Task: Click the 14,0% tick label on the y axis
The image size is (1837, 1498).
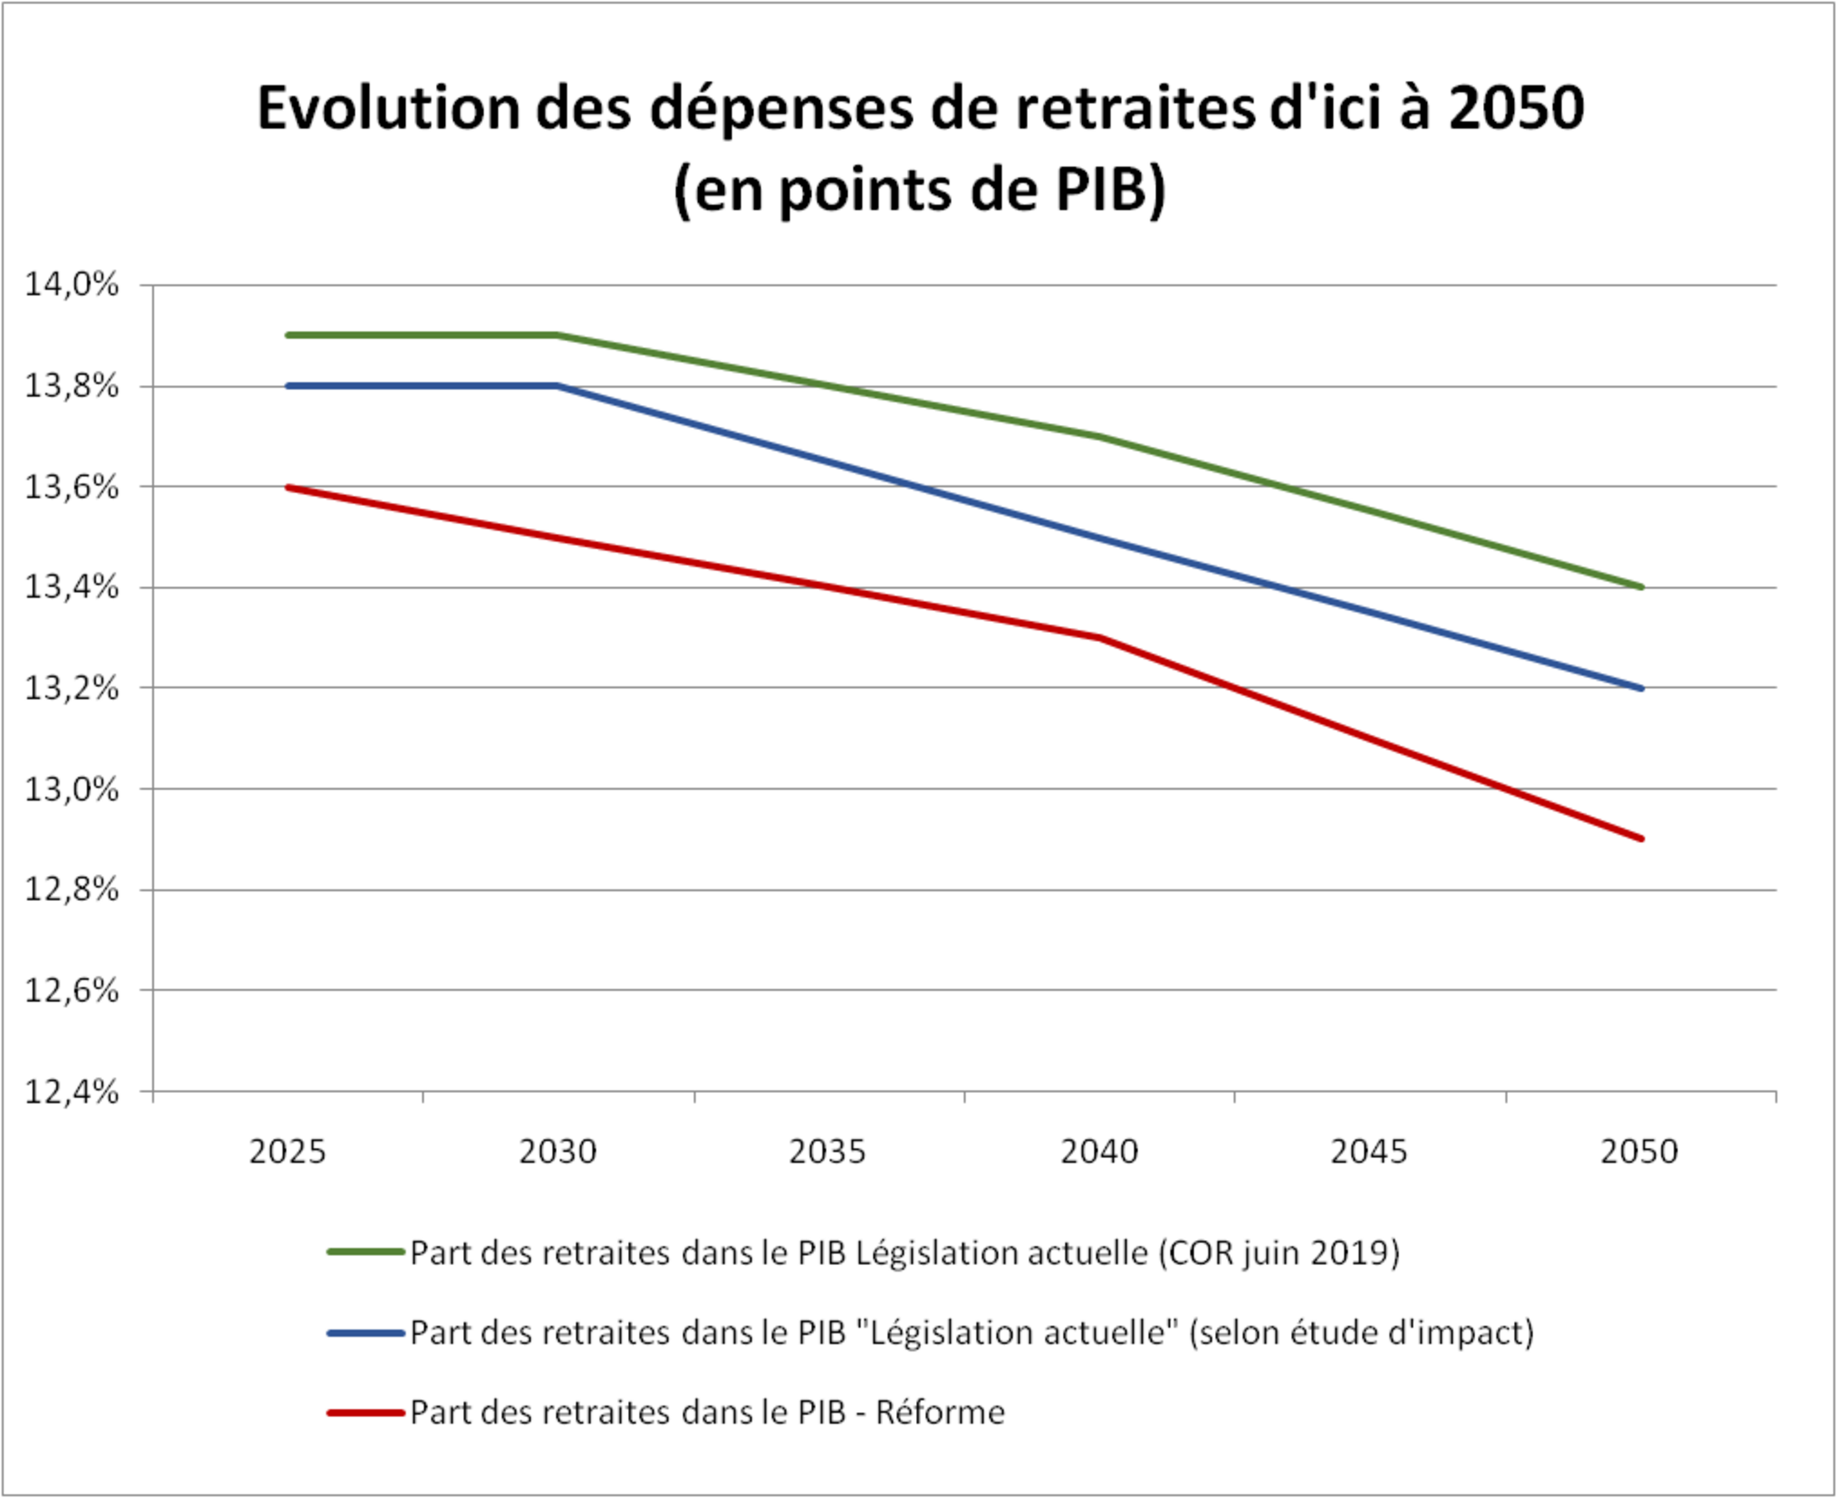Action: [71, 284]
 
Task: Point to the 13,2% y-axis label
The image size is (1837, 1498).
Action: [71, 688]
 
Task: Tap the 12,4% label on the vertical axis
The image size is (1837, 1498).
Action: [71, 1091]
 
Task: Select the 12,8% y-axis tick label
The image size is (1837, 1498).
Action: [71, 888]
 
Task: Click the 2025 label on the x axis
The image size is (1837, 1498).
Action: [287, 1152]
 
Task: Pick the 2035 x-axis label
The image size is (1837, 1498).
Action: [827, 1152]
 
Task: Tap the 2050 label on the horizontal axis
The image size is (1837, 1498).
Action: [1639, 1152]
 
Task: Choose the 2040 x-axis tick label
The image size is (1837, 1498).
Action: [1099, 1152]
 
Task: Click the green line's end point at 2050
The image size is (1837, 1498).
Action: [1640, 587]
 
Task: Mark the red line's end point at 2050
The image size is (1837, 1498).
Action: [1640, 838]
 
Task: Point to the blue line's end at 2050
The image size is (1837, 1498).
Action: [1640, 688]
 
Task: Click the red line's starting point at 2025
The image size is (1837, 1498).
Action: [288, 488]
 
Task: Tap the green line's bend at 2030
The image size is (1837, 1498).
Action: [559, 335]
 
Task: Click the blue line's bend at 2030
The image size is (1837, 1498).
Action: [559, 386]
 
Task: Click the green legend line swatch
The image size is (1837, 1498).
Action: [366, 1252]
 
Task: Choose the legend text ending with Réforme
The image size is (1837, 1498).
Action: [707, 1413]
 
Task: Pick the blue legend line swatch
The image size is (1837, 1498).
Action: [366, 1334]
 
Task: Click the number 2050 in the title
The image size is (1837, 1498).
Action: [1517, 109]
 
